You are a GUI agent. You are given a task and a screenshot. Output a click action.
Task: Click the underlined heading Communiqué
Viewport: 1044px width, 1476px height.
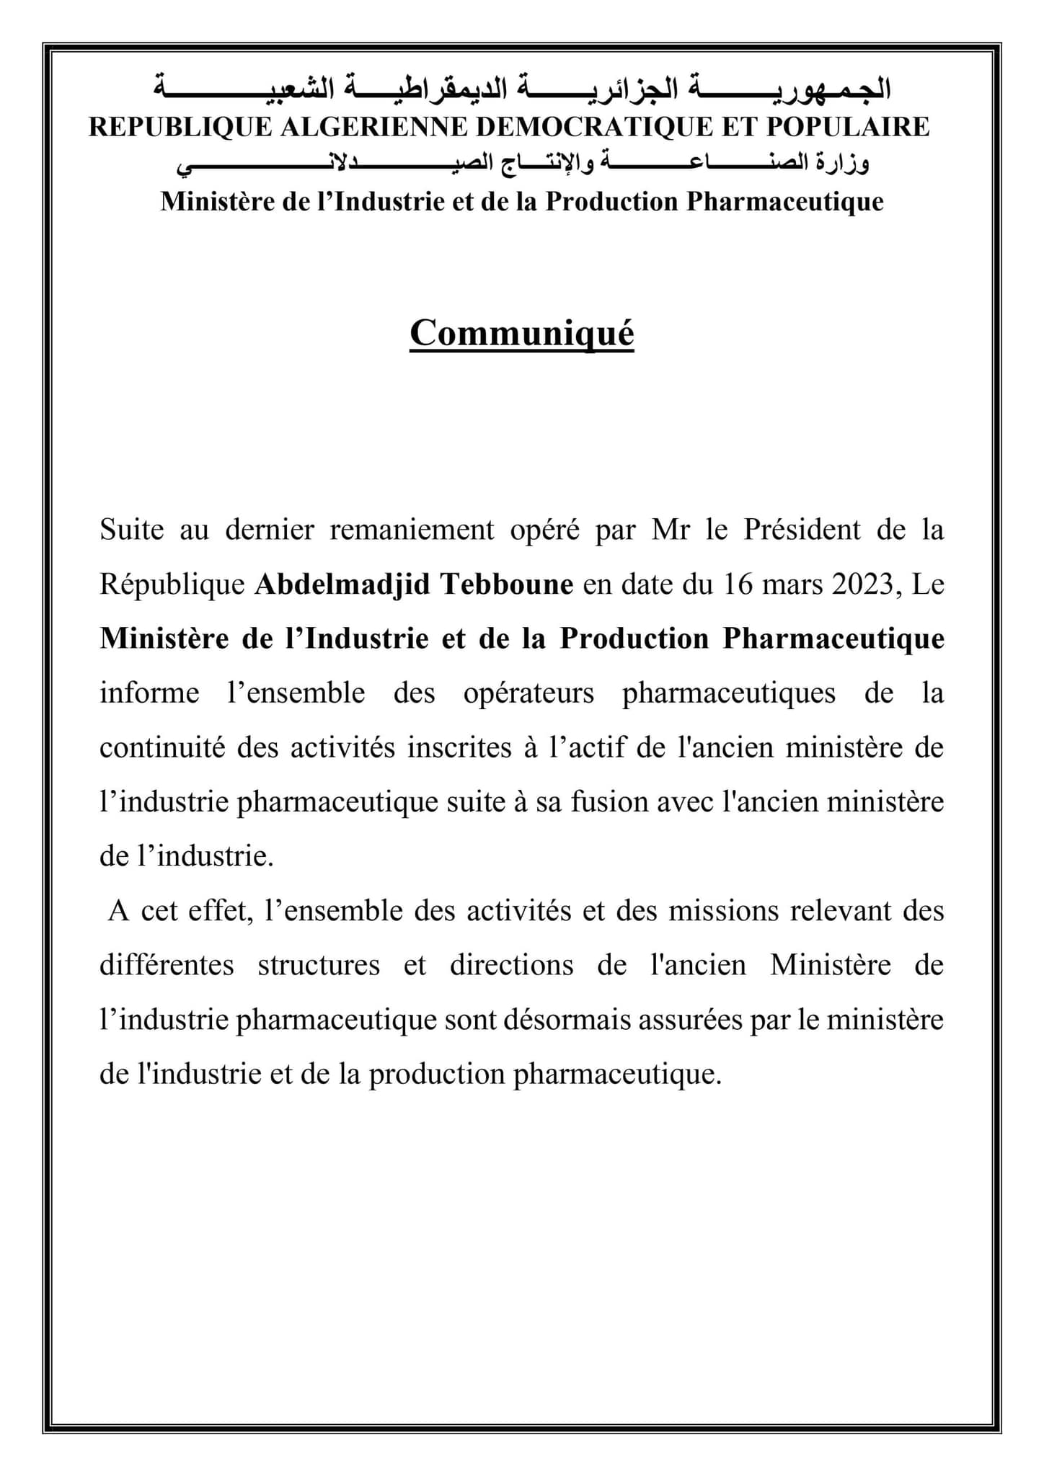click(521, 334)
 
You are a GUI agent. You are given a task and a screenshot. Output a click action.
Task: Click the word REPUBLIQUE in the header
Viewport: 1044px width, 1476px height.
click(180, 127)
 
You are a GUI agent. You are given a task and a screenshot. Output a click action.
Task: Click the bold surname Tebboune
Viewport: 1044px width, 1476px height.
click(506, 584)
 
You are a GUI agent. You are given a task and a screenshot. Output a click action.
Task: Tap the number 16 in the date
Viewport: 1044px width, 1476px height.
click(738, 584)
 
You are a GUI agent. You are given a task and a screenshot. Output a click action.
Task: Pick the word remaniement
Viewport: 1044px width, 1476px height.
click(412, 530)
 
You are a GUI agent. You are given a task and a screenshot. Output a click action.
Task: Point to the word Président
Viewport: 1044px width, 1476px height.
click(802, 530)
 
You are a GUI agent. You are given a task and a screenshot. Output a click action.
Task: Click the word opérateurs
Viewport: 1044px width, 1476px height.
click(529, 693)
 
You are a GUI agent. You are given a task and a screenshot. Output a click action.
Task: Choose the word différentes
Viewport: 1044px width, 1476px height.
click(167, 965)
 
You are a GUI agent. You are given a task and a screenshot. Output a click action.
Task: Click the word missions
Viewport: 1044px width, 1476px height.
click(723, 911)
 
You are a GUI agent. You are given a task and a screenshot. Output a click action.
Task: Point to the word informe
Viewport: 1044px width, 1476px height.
click(149, 693)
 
